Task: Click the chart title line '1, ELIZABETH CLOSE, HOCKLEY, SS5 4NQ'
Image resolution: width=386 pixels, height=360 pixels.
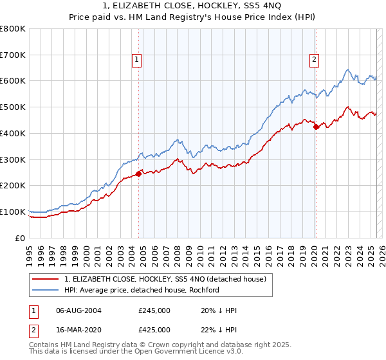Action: tap(193, 6)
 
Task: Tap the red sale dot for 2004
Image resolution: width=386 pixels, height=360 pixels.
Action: tap(138, 174)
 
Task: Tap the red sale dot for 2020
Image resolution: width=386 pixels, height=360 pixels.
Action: tap(316, 127)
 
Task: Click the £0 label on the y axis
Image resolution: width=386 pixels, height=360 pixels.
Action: tap(21, 238)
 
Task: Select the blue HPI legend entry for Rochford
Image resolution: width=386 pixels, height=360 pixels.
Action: tap(142, 290)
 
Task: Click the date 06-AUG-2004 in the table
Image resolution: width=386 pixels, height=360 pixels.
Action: tap(79, 310)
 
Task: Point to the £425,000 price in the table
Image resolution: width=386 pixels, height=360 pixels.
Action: tap(154, 329)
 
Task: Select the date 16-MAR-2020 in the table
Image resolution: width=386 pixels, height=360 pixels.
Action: tap(79, 329)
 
